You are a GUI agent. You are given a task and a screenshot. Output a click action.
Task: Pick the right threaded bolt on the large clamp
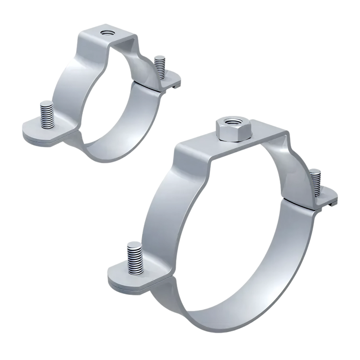316,182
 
